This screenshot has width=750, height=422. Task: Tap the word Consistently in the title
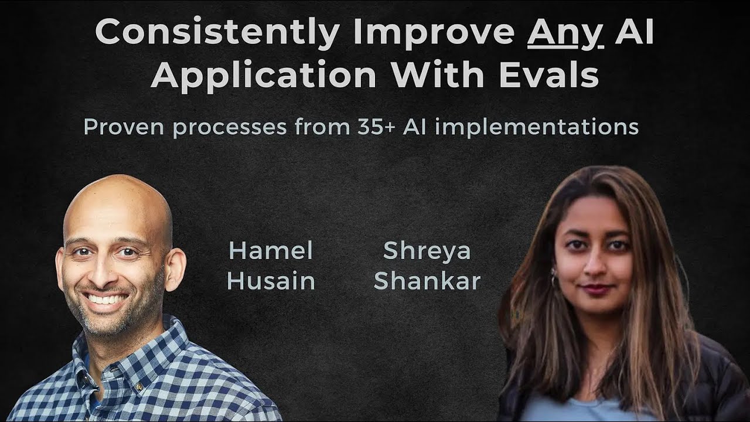217,33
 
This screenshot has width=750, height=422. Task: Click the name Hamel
271,251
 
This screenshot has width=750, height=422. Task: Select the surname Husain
271,282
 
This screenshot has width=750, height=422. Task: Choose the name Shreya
427,251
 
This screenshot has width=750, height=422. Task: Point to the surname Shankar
427,282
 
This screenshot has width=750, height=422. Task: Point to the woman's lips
596,288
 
